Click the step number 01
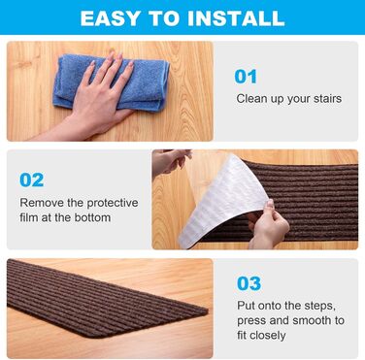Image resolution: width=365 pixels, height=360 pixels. pos(246,77)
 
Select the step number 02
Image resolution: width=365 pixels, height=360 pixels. pos(32,180)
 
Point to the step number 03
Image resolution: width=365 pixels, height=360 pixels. pos(249,283)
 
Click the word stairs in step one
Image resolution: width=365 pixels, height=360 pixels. pos(327,98)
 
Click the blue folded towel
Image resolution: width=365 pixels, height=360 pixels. pos(112,82)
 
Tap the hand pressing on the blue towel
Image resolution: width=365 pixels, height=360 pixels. pos(97,97)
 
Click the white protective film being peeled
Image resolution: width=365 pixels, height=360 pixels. pos(223,201)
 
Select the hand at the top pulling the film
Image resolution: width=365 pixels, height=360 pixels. pos(171,163)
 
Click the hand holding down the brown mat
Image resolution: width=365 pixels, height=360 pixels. pos(268,225)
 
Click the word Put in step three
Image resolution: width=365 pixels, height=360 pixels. pos(246,306)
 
